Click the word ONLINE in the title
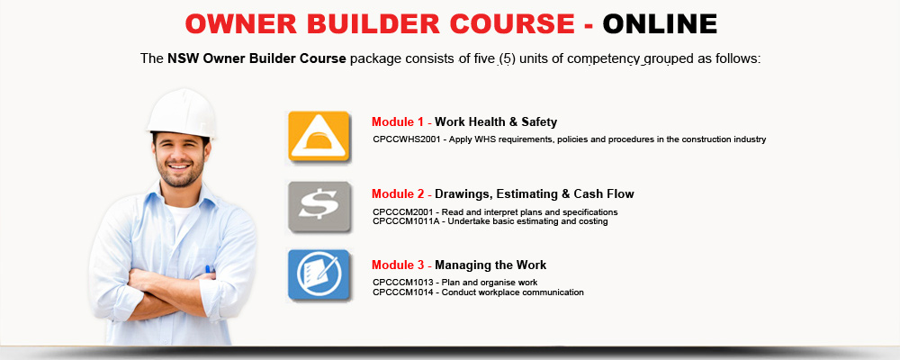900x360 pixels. click(660, 23)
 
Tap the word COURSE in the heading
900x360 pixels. click(512, 23)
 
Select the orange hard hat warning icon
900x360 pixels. click(319, 137)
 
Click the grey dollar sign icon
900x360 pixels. click(319, 207)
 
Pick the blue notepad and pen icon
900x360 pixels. click(319, 275)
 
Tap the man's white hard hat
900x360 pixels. click(182, 113)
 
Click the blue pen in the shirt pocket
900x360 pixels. click(209, 269)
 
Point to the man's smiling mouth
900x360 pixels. click(180, 166)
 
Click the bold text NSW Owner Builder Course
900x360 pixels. click(256, 58)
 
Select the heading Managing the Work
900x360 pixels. click(490, 265)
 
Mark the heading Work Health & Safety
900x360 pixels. click(496, 121)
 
